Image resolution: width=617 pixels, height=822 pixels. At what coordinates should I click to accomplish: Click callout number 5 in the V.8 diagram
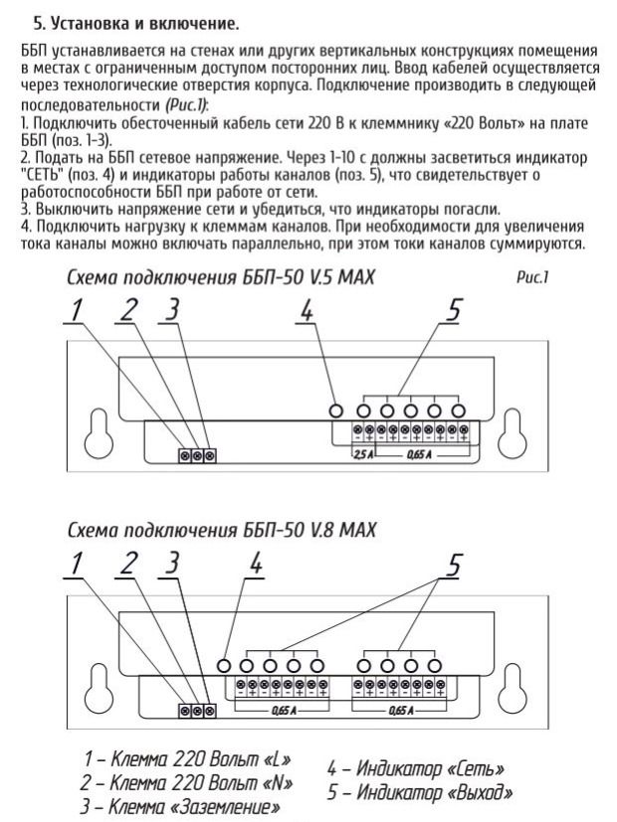click(x=453, y=565)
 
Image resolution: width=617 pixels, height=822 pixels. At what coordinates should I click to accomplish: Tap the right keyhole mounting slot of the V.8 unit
click(x=517, y=687)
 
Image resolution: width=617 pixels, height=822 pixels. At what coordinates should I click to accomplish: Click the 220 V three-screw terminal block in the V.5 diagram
click(x=197, y=455)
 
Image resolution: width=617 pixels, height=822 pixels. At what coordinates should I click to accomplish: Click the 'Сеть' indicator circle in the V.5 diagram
click(x=338, y=411)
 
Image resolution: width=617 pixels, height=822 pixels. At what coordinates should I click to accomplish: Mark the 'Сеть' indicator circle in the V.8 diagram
click(x=225, y=665)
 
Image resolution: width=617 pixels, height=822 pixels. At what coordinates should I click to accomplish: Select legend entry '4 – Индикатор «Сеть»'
click(x=415, y=768)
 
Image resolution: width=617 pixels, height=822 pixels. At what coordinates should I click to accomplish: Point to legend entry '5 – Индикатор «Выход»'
click(x=419, y=792)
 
